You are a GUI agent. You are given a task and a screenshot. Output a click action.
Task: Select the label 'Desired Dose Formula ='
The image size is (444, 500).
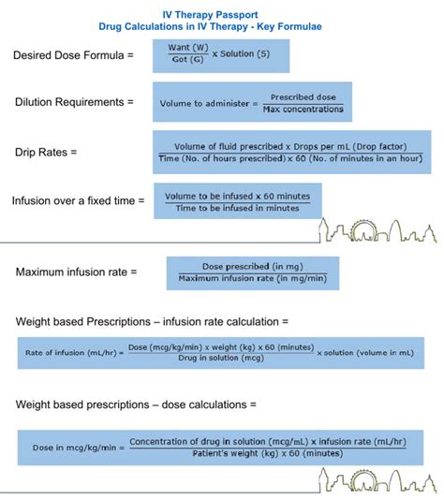coord(73,56)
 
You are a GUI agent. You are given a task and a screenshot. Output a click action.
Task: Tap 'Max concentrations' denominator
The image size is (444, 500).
coord(303,110)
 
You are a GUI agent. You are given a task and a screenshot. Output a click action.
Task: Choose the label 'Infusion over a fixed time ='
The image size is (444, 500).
coord(79,200)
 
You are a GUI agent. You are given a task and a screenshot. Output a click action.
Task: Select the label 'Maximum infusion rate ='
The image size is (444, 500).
coord(77,272)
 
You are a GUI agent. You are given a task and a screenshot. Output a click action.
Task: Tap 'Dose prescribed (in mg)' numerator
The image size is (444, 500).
coord(251,267)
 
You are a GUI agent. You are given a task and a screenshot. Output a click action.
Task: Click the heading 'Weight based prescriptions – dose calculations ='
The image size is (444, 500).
coord(136,404)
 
